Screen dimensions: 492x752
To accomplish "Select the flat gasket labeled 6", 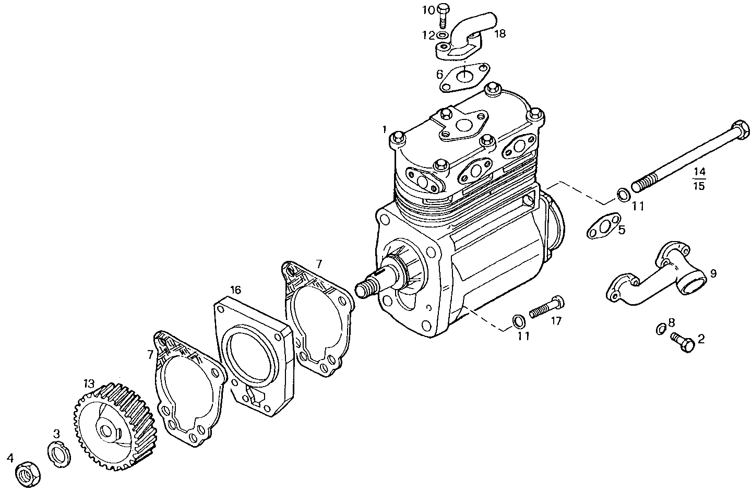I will [x=463, y=78].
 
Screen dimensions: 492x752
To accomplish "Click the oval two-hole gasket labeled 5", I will [x=603, y=227].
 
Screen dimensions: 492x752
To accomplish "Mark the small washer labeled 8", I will [x=660, y=328].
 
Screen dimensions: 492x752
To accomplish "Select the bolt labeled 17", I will [x=546, y=308].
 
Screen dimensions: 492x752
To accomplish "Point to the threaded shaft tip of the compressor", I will [x=364, y=289].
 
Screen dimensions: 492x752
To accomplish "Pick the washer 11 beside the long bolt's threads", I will [x=623, y=195].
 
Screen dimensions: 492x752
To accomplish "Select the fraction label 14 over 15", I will [x=699, y=178].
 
